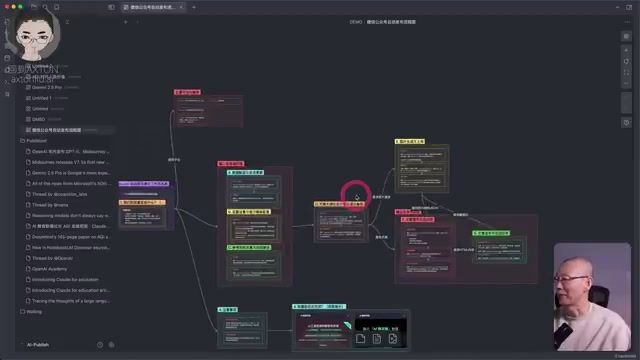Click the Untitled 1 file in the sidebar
pos(42,98)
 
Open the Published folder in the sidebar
pos(37,141)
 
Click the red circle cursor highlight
pos(356,194)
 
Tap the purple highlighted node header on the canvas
pos(144,184)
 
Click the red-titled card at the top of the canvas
pos(187,92)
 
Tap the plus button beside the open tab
pos(125,21)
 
